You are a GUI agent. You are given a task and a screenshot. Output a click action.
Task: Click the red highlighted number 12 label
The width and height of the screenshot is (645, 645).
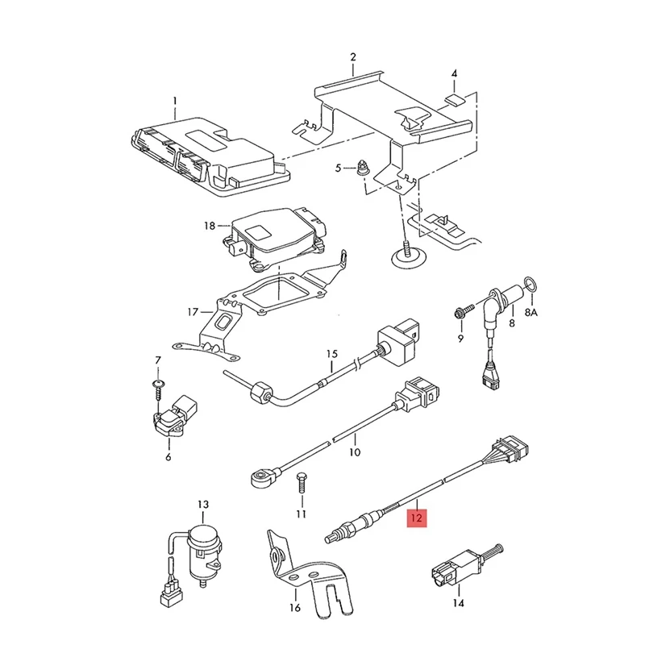tap(417, 517)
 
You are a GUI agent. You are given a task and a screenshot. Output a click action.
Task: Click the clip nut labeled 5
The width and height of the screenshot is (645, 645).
tap(364, 169)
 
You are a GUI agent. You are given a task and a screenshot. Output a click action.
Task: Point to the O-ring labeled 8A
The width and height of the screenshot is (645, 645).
tap(530, 284)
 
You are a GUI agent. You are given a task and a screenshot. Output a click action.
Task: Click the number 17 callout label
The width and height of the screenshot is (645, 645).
tap(192, 311)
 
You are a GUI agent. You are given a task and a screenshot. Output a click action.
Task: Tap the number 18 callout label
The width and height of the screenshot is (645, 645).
tap(210, 228)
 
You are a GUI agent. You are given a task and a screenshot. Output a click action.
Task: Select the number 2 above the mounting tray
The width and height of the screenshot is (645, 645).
tap(352, 57)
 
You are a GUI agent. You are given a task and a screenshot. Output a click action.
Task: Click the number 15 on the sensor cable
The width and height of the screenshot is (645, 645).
tap(331, 354)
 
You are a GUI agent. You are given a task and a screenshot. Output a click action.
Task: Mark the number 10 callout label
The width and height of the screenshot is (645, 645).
tap(354, 452)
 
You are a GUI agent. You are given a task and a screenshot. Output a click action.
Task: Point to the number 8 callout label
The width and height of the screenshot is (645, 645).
tap(511, 323)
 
